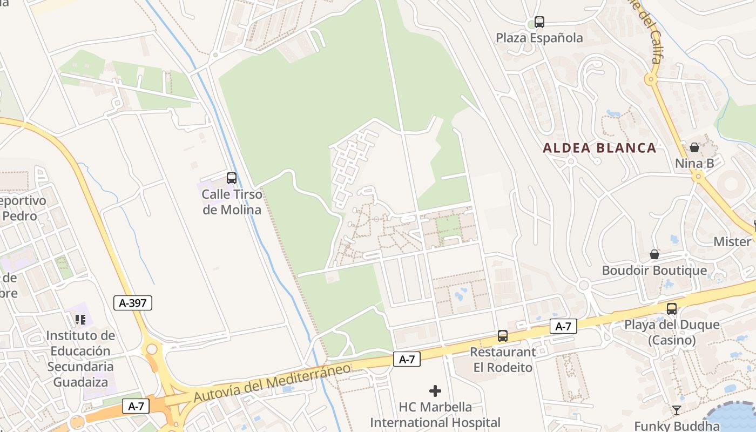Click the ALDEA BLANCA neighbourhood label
599,148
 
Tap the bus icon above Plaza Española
539,22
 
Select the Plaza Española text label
539,38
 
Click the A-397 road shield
133,303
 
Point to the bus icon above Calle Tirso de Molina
232,178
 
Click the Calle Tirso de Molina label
232,202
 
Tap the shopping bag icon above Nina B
694,147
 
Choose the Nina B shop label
694,163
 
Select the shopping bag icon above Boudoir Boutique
654,254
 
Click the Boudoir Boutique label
654,271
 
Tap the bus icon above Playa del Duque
672,308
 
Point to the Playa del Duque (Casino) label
672,332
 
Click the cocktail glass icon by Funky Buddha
676,410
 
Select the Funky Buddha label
677,426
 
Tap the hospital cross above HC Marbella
435,390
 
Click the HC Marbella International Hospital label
435,415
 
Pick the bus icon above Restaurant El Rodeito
503,336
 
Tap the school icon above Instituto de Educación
80,320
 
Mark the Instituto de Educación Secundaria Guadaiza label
80,359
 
